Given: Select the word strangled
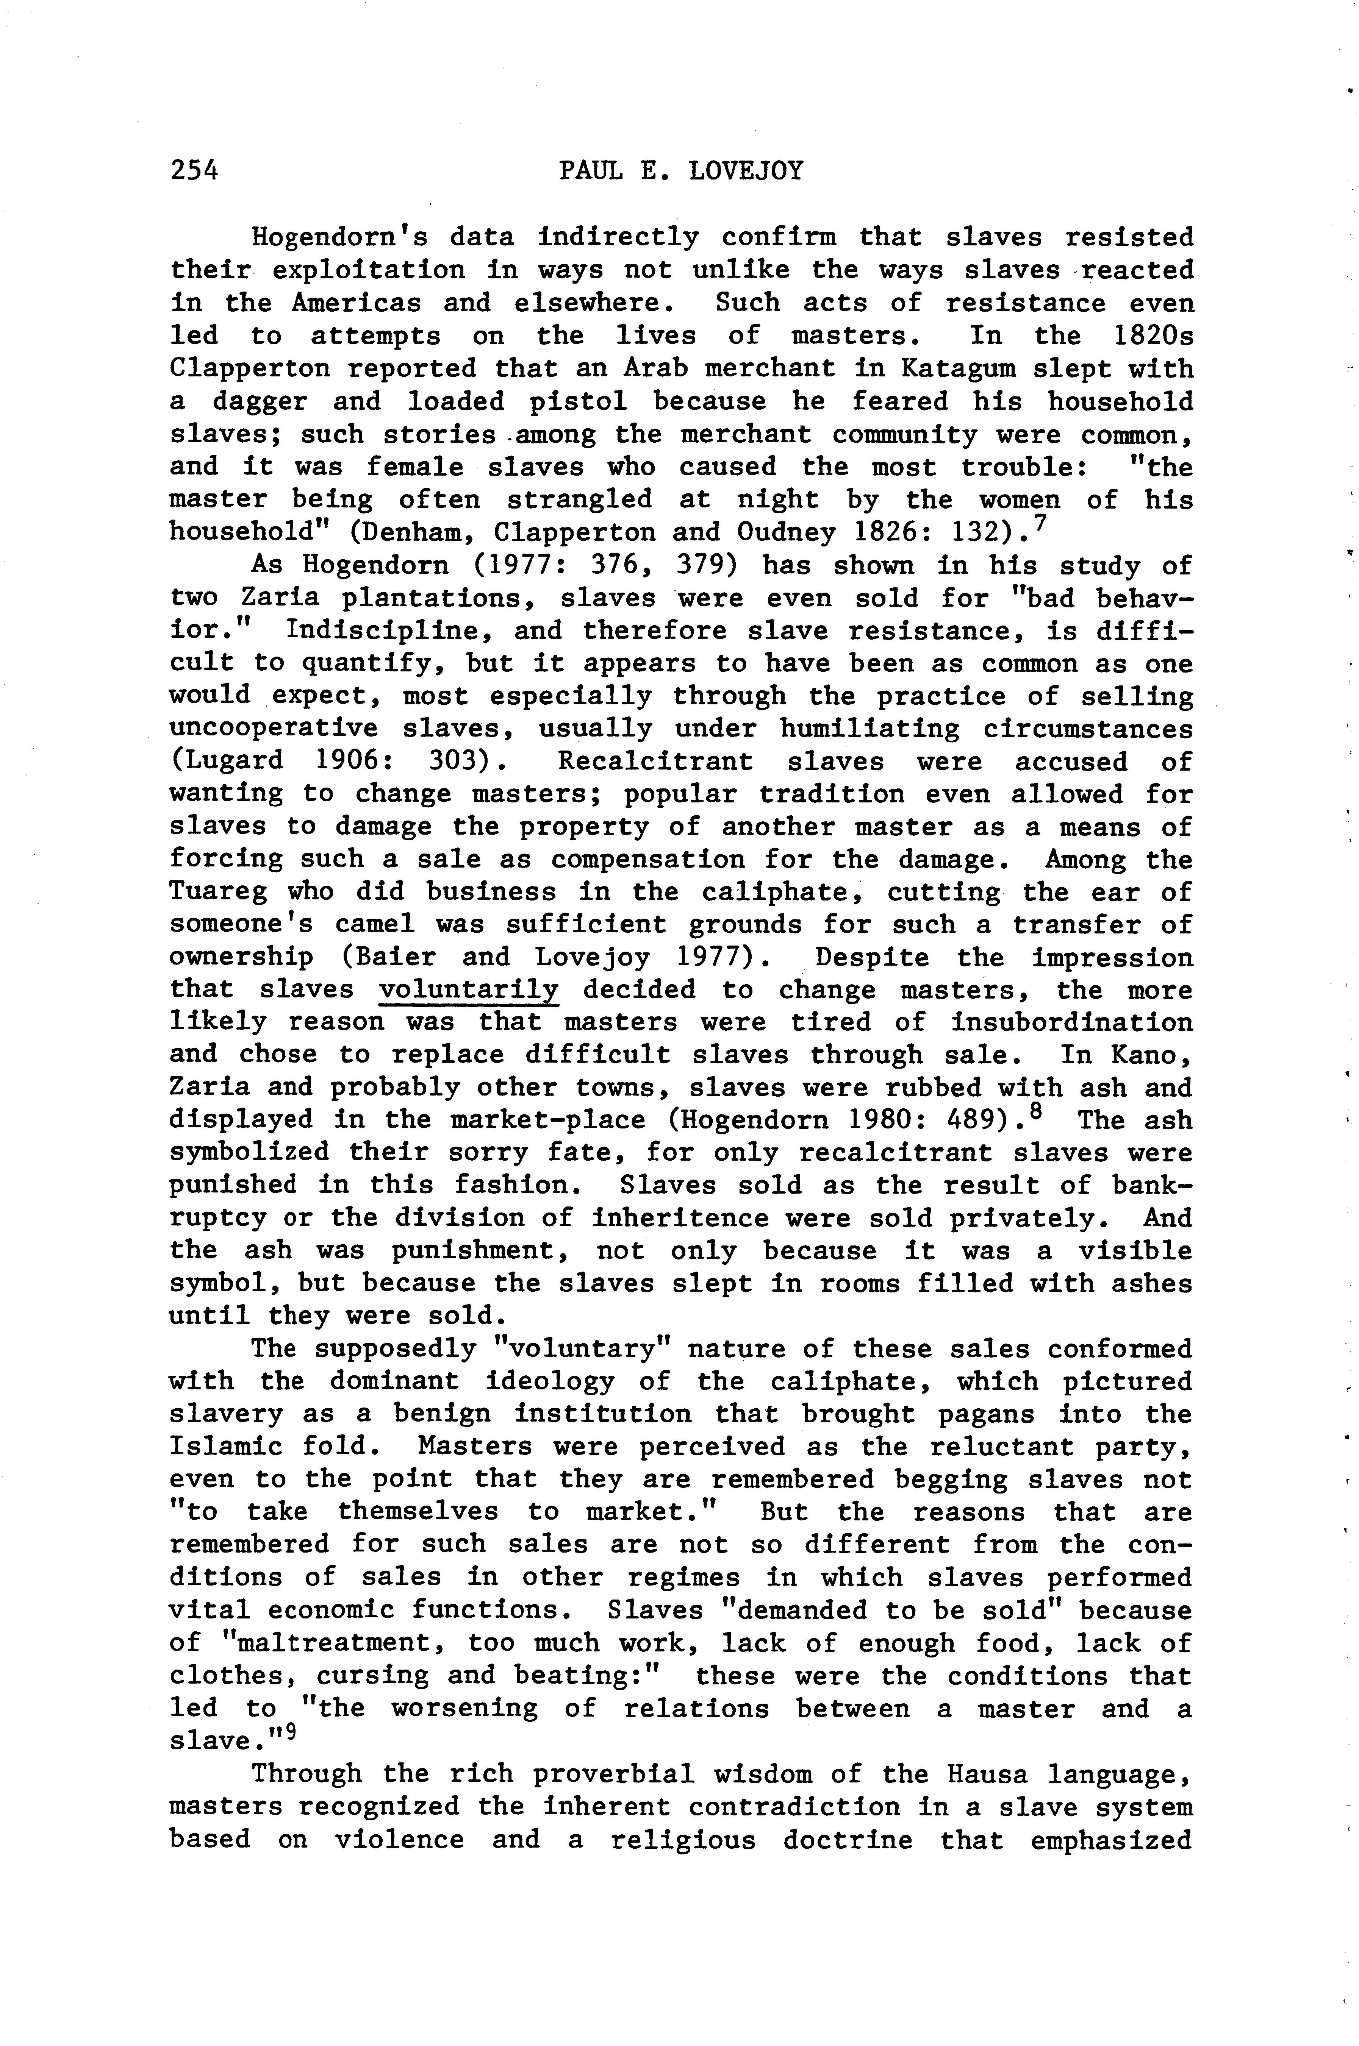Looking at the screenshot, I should click(x=579, y=500).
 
